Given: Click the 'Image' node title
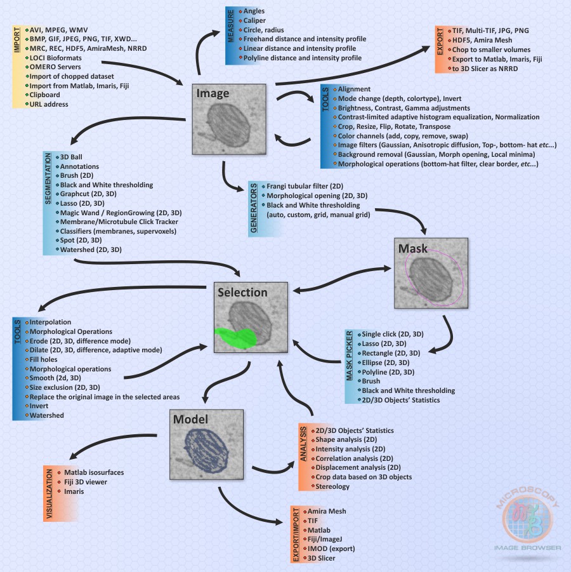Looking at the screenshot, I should click(x=212, y=93).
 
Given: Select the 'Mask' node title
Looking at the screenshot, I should click(x=412, y=248).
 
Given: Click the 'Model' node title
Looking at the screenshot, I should click(x=190, y=420).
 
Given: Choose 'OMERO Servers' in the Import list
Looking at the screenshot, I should click(x=54, y=66).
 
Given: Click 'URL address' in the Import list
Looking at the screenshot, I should click(x=48, y=103).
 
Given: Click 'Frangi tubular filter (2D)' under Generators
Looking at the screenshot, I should click(x=305, y=186).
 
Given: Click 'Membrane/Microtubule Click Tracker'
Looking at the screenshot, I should click(x=119, y=222).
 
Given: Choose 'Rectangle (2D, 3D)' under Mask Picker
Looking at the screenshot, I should click(x=391, y=352).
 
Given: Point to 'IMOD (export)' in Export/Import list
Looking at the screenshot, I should click(x=331, y=549).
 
